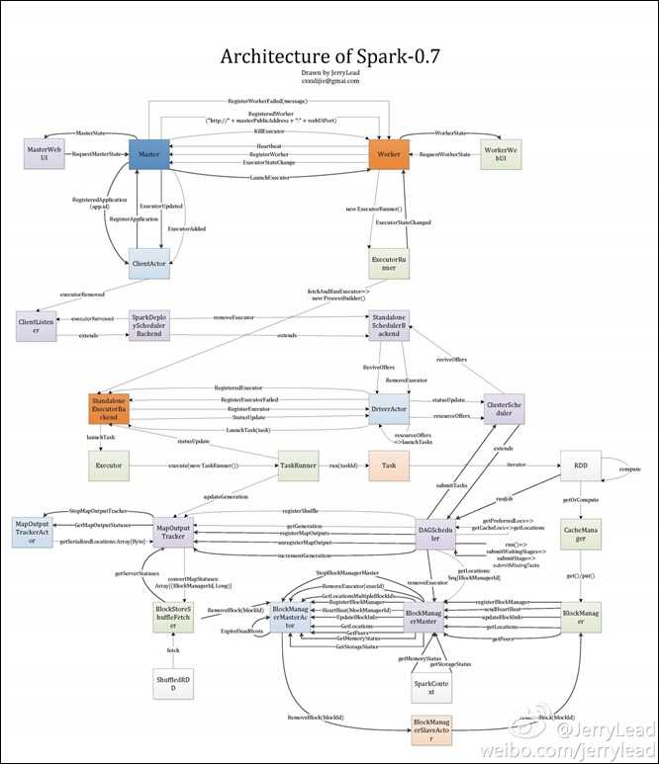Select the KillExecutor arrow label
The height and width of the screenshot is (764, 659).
pyautogui.click(x=269, y=129)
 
